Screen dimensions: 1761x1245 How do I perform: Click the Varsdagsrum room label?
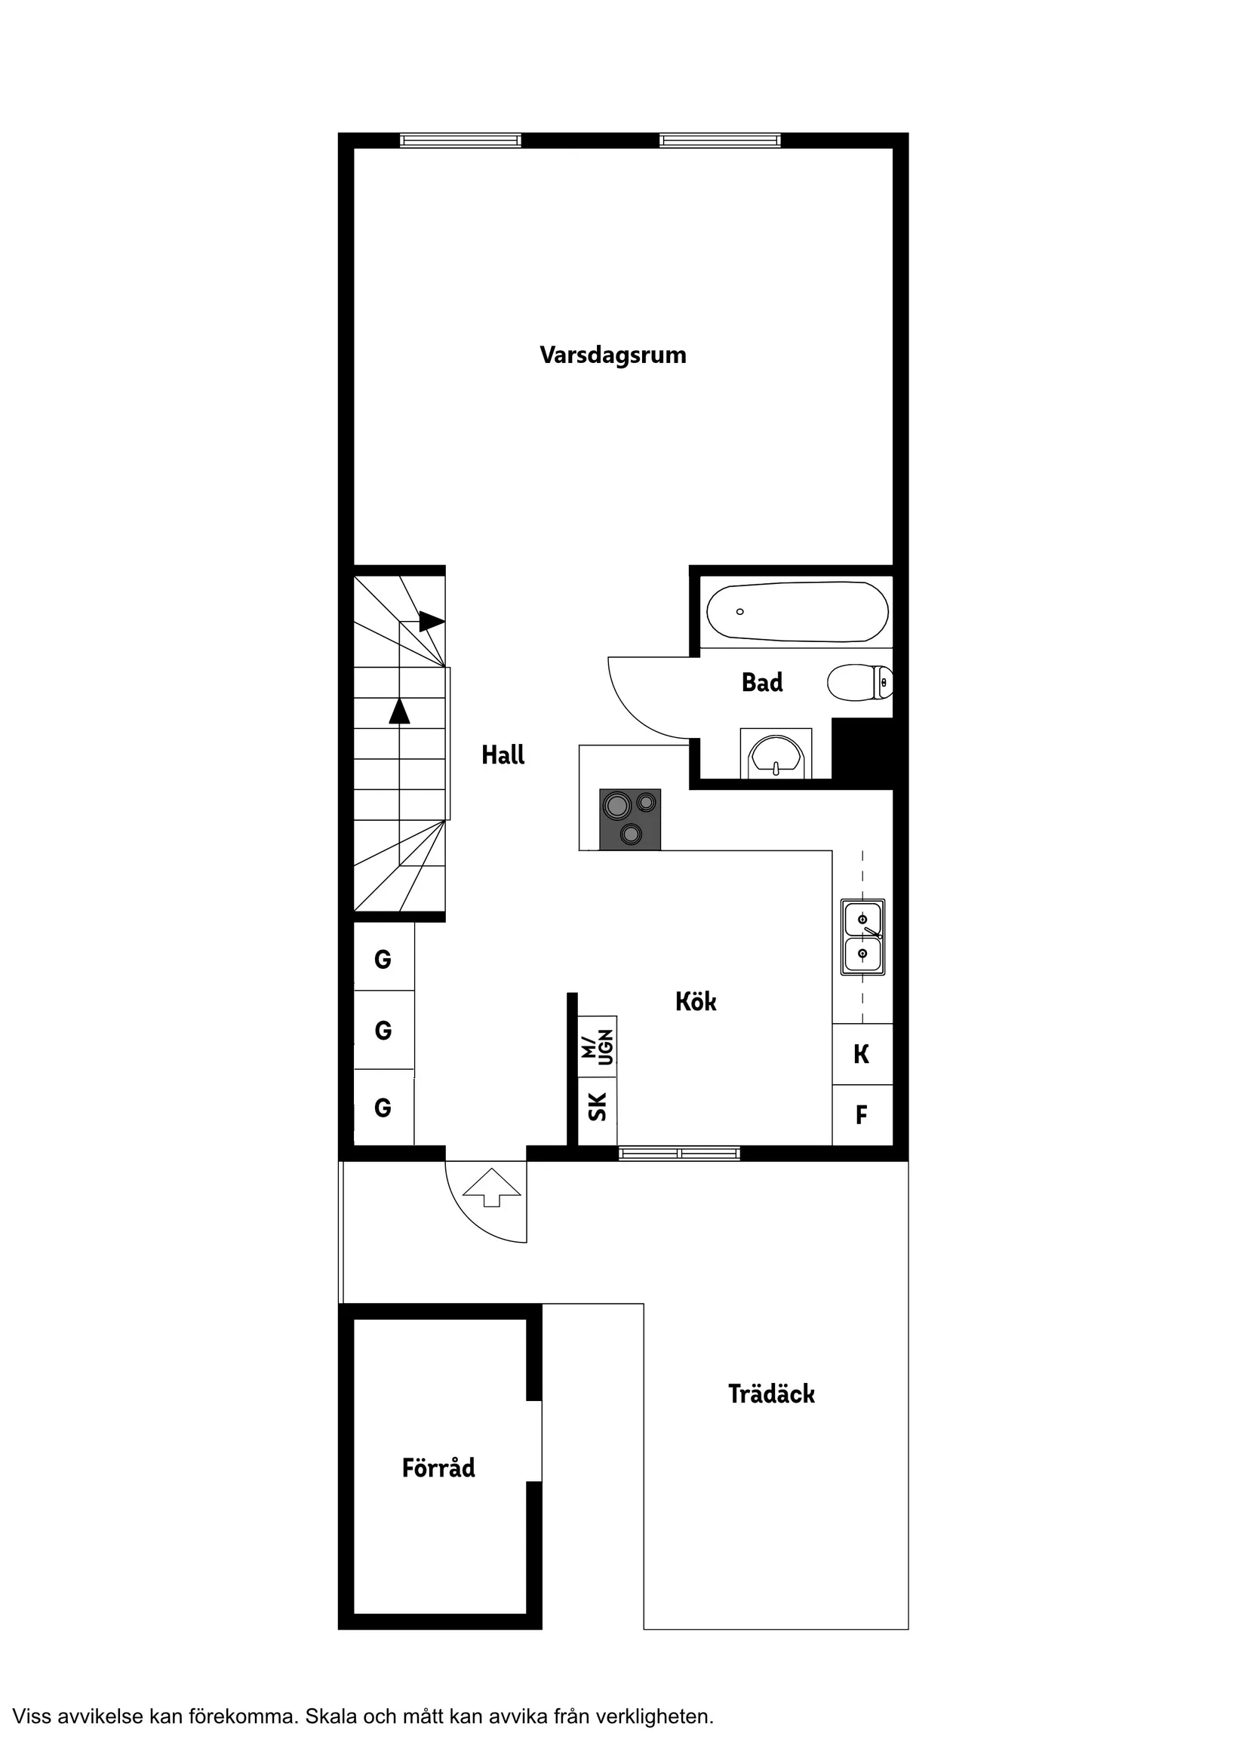[612, 355]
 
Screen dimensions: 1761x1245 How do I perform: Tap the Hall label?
[503, 754]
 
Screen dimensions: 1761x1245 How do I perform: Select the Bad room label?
[762, 682]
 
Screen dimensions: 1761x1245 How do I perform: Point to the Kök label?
[696, 1001]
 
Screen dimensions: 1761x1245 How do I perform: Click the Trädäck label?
[771, 1394]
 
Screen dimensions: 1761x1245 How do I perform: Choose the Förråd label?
[438, 1467]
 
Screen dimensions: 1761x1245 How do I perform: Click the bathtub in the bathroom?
[797, 611]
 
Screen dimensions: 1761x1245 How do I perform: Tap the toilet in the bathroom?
[859, 682]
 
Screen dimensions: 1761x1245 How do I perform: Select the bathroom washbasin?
[776, 755]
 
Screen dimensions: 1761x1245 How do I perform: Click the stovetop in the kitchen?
[630, 819]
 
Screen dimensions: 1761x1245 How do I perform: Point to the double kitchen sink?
[862, 936]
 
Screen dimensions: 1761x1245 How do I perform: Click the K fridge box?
[862, 1054]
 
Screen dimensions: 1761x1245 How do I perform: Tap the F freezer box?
[862, 1114]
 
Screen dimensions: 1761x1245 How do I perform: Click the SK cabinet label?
[597, 1107]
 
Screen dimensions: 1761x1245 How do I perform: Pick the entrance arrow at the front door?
[492, 1188]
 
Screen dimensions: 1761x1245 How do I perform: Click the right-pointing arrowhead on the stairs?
[431, 621]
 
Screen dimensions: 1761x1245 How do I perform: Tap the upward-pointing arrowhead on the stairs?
[399, 711]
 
